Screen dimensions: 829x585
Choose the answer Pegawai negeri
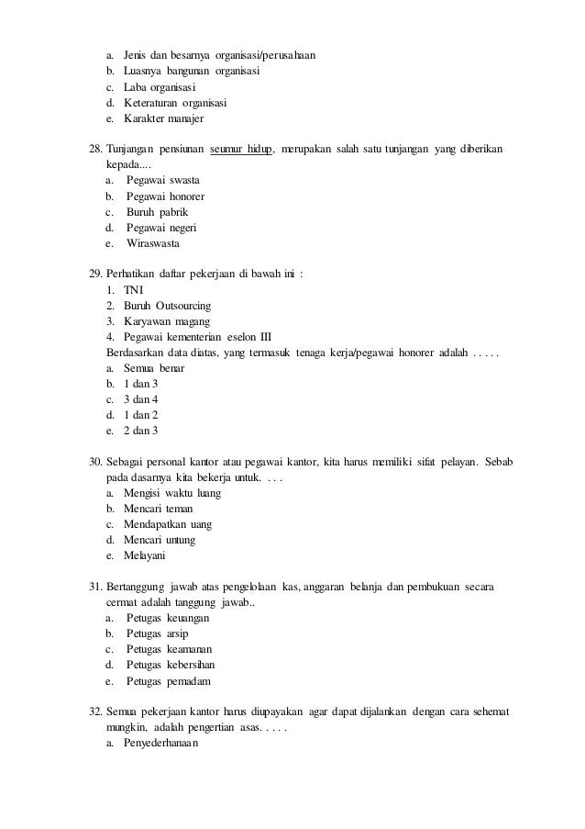(x=161, y=228)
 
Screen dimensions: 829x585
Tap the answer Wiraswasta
(x=153, y=244)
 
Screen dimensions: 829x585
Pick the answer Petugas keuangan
(x=168, y=619)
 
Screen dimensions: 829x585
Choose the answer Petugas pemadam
(x=168, y=681)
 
